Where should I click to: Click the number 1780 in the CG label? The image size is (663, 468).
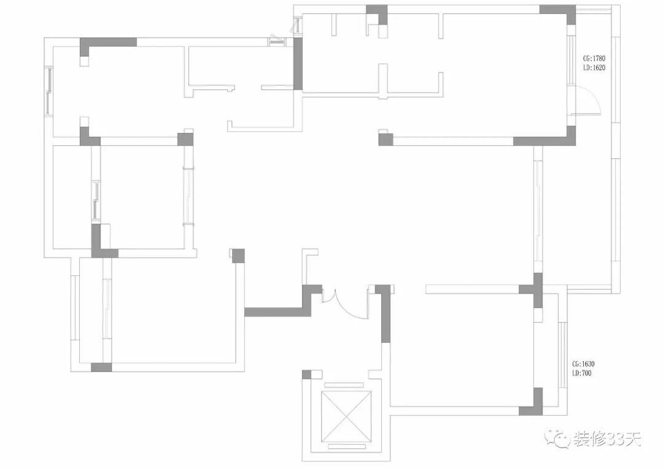click(599, 59)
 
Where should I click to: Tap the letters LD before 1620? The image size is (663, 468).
click(587, 68)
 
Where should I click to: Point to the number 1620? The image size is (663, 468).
click(599, 68)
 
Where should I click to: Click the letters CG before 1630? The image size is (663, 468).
click(575, 364)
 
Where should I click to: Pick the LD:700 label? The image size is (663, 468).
click(581, 373)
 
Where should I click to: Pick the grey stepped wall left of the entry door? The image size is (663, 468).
click(282, 310)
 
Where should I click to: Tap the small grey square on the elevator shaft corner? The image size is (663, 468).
click(307, 374)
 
